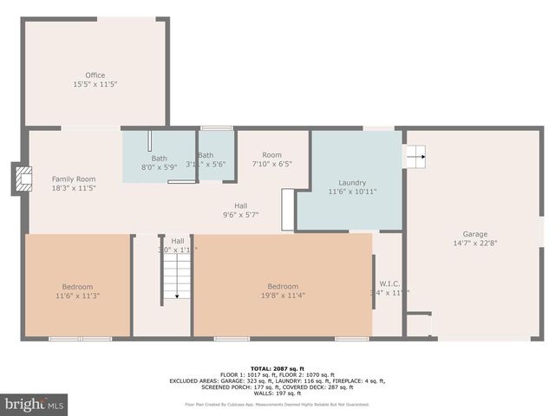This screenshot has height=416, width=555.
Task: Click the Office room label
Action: click(x=95, y=75)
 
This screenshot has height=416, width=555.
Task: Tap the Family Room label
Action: click(x=73, y=178)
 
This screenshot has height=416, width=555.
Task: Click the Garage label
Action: click(x=474, y=234)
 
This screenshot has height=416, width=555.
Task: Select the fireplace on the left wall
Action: click(x=21, y=179)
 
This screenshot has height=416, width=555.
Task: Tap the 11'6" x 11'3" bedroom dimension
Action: click(x=76, y=296)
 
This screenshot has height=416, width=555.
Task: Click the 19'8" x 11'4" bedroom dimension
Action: click(x=283, y=296)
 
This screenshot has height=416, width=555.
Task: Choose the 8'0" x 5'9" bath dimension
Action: click(x=159, y=167)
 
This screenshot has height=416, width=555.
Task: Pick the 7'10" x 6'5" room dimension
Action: click(x=272, y=164)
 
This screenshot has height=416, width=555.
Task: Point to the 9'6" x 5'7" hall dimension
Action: click(x=241, y=214)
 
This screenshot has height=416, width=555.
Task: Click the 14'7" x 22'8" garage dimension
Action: click(x=474, y=243)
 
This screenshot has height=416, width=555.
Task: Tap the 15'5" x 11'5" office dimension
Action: click(x=95, y=84)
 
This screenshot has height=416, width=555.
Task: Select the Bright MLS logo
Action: click(x=35, y=404)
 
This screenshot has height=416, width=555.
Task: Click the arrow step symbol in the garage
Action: click(x=415, y=157)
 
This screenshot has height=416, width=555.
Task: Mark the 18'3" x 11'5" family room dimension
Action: click(x=73, y=187)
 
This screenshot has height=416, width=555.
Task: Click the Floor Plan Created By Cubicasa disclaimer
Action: click(x=277, y=404)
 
